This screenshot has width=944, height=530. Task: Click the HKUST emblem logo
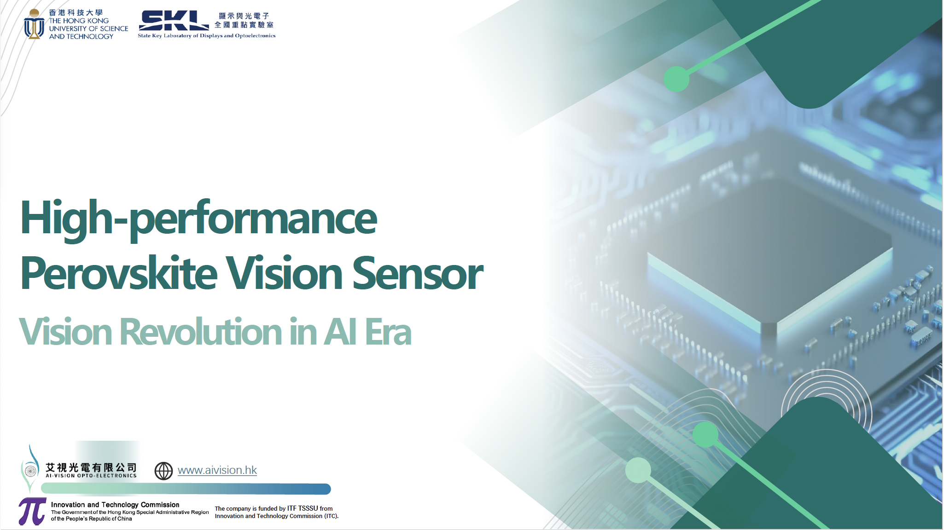pyautogui.click(x=34, y=24)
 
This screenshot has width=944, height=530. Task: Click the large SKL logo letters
pyautogui.click(x=174, y=21)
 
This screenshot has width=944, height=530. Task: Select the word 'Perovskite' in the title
pyautogui.click(x=119, y=273)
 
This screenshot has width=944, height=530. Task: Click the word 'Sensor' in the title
pyautogui.click(x=418, y=274)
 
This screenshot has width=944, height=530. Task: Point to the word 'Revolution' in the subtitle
pyautogui.click(x=201, y=332)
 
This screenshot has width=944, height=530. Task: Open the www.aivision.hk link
pyautogui.click(x=217, y=470)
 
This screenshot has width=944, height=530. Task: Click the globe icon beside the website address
pyautogui.click(x=163, y=471)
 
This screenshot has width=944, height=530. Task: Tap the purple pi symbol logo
pyautogui.click(x=32, y=511)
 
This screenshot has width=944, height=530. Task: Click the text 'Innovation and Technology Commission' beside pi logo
pyautogui.click(x=115, y=505)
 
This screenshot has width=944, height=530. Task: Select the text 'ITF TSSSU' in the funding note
pyautogui.click(x=303, y=508)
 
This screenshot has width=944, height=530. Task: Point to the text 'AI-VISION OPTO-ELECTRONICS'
pyautogui.click(x=91, y=476)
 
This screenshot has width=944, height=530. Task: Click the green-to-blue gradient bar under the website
pyautogui.click(x=186, y=489)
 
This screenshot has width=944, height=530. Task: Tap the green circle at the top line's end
pyautogui.click(x=676, y=79)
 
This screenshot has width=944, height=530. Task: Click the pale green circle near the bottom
pyautogui.click(x=638, y=470)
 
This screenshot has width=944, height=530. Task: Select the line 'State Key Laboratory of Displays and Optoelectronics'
pyautogui.click(x=207, y=35)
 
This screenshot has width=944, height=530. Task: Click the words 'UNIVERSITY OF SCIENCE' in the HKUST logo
pyautogui.click(x=89, y=29)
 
